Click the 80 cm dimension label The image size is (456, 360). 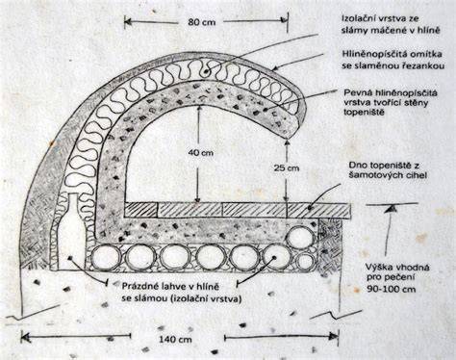[x=201, y=22]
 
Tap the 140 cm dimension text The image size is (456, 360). [x=175, y=339]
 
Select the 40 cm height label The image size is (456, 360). [x=200, y=153]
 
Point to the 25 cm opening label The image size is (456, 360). [x=287, y=167]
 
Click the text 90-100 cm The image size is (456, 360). [x=392, y=289]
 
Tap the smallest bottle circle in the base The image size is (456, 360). [x=305, y=261]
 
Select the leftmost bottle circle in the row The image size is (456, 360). [x=106, y=258]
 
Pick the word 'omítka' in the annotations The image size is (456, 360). [x=429, y=53]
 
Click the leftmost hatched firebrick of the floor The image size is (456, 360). [x=140, y=210]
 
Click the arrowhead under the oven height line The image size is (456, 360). [x=391, y=209]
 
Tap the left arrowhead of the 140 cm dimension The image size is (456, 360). [x=25, y=337]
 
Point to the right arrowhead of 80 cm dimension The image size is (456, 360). [x=284, y=20]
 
